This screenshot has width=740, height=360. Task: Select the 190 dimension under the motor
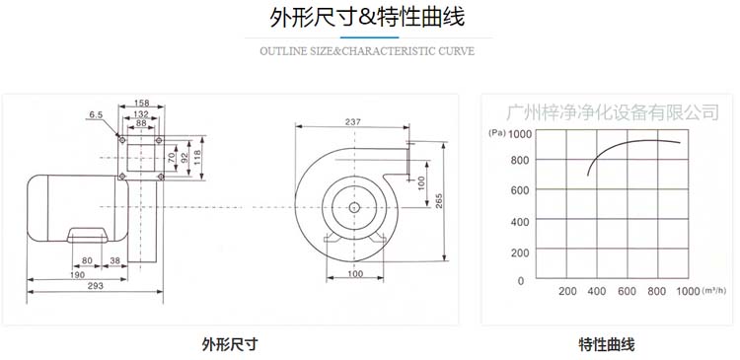pyautogui.click(x=76, y=275)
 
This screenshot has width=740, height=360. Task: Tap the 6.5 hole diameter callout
pyautogui.click(x=96, y=115)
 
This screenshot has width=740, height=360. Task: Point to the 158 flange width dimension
pyautogui.click(x=142, y=103)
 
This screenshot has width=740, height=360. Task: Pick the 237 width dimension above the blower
pyautogui.click(x=351, y=122)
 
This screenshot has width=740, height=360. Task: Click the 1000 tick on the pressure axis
pyautogui.click(x=519, y=134)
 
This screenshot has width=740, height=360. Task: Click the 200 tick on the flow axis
pyautogui.click(x=567, y=292)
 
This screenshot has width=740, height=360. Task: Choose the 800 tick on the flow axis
pyautogui.click(x=657, y=292)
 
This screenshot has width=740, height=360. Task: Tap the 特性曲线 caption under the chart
pyautogui.click(x=607, y=344)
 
